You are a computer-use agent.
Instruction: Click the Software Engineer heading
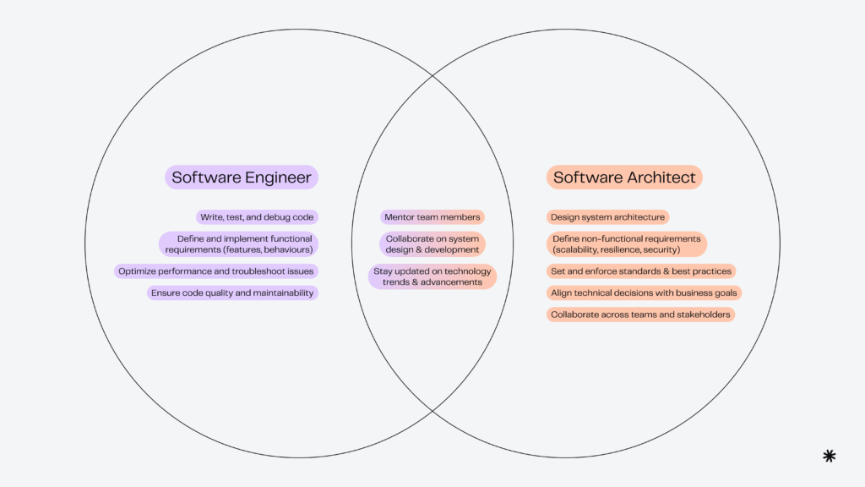pos(242,178)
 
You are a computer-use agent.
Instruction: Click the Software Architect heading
pos(624,178)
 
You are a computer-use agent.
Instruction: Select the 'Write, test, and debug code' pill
pos(257,217)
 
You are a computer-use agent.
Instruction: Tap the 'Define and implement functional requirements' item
pos(239,244)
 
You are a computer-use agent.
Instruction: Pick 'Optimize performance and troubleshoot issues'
pos(216,271)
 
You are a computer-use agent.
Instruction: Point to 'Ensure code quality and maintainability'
pos(232,293)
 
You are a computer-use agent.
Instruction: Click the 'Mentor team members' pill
pos(432,217)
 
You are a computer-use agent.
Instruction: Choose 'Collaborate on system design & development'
pos(432,244)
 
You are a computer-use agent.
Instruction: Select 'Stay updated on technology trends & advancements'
pos(432,276)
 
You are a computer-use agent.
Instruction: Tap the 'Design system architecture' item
pos(607,217)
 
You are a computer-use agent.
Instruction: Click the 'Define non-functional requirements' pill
pos(626,244)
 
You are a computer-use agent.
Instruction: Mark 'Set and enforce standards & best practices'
pos(640,271)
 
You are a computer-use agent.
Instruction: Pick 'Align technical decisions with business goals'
pos(644,293)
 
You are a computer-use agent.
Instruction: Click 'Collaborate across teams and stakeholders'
pos(639,315)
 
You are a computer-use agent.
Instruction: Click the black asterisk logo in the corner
pos(829,456)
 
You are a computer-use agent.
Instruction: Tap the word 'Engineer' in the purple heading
pos(278,178)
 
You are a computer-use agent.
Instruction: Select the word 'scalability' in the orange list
pos(579,250)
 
